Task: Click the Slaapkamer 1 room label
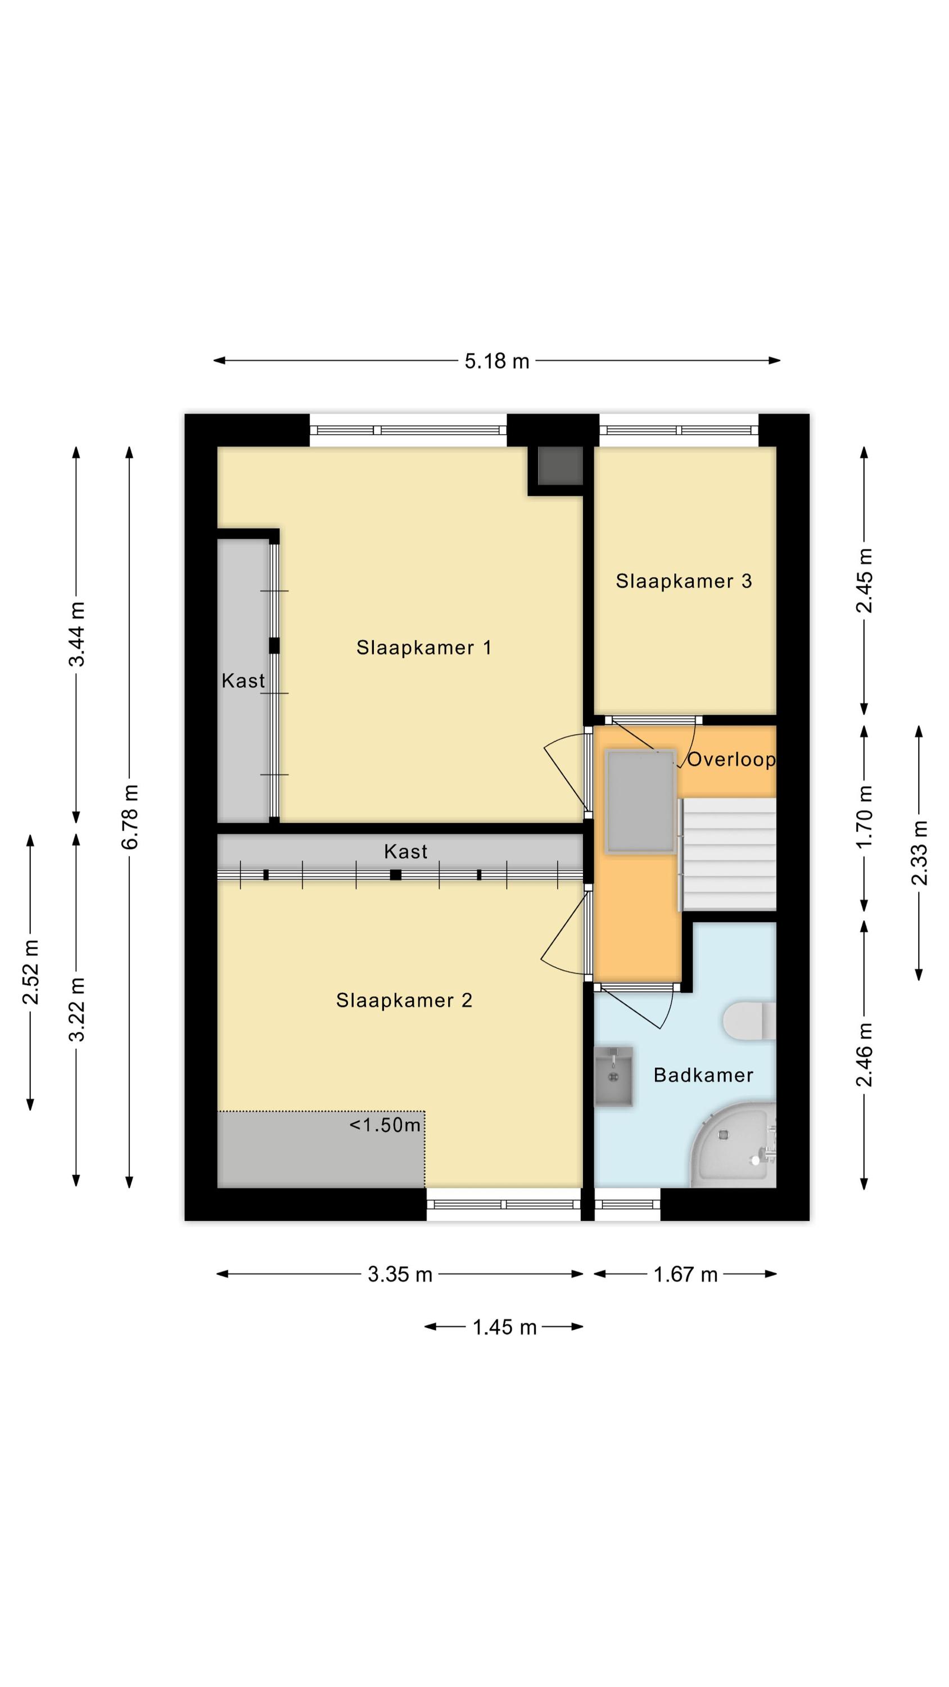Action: (423, 648)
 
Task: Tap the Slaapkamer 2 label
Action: (404, 1000)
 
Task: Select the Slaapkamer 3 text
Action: (683, 581)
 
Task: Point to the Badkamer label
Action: (703, 1075)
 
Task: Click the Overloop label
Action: (731, 759)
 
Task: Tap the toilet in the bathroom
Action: (749, 1020)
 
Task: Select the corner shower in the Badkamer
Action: (734, 1144)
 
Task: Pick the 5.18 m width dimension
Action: (496, 361)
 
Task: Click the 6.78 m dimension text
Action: (130, 817)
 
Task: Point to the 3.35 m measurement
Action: (400, 1274)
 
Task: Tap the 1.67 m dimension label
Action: (685, 1274)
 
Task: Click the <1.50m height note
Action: (385, 1125)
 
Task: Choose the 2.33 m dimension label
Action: (920, 852)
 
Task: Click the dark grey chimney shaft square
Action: (560, 466)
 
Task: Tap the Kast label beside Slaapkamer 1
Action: (243, 681)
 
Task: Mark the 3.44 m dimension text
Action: (76, 634)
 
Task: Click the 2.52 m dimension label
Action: (31, 972)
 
